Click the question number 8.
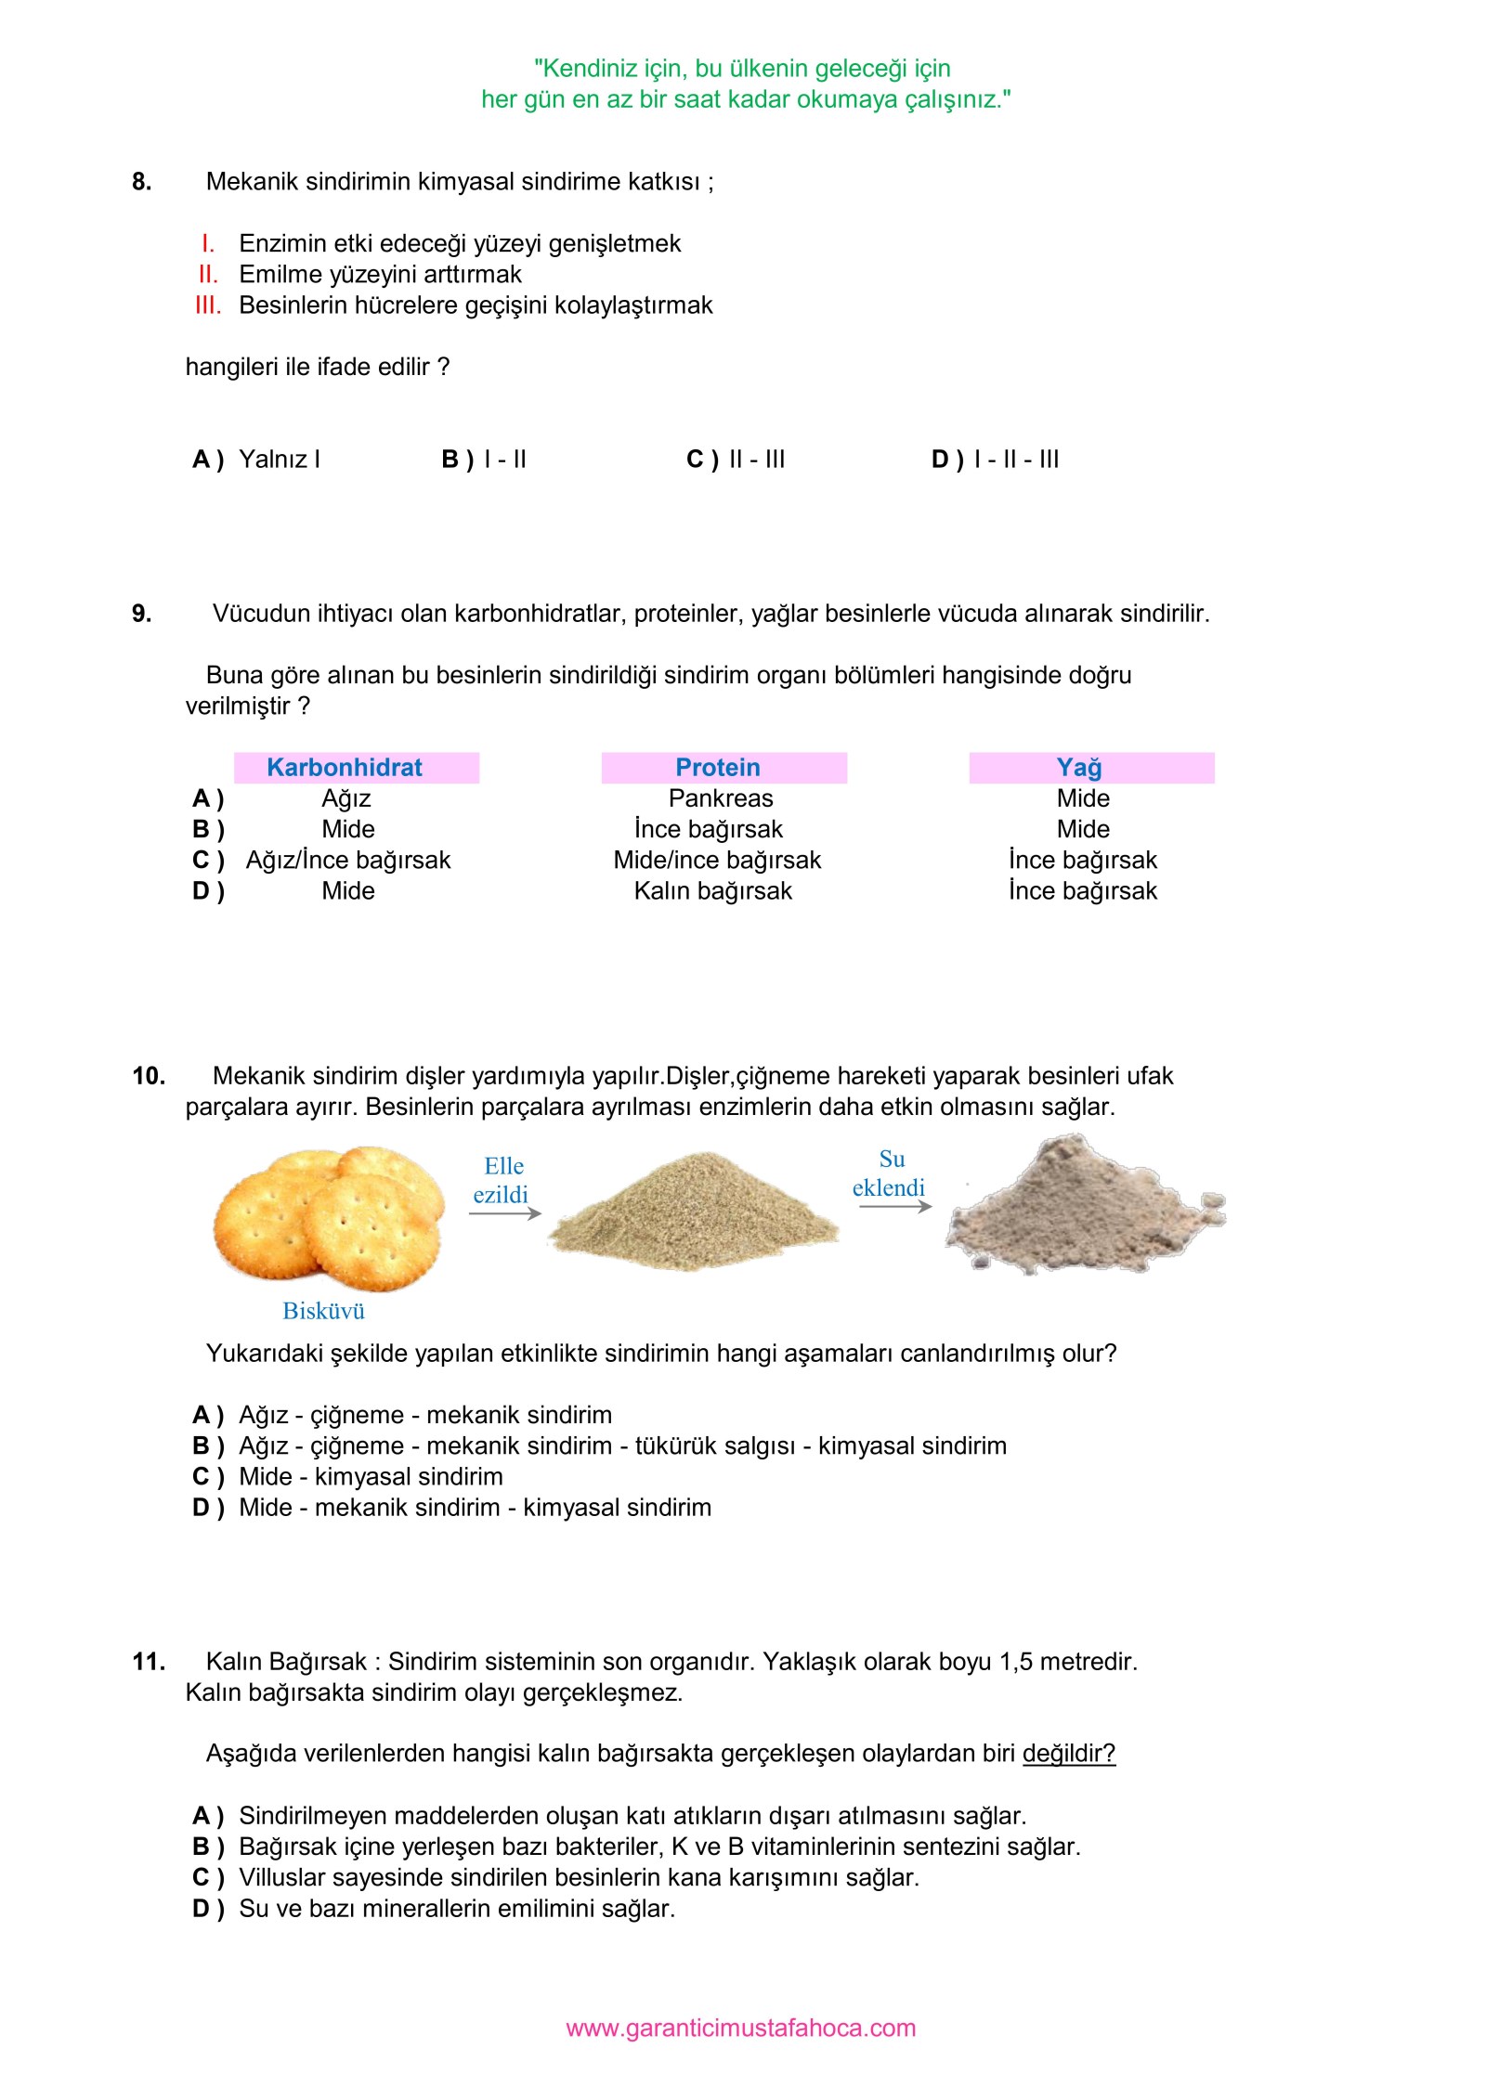point(141,182)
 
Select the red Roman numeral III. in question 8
point(208,305)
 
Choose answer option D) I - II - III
point(995,460)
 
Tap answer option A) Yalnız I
point(256,460)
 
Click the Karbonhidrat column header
point(345,768)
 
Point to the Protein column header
point(718,768)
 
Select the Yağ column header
point(1079,768)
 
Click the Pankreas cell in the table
point(721,798)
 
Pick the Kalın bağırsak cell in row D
point(713,891)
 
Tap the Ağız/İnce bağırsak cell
point(348,861)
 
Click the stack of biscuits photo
point(330,1218)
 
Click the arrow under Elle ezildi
point(504,1213)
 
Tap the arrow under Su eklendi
point(894,1206)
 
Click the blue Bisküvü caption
point(323,1311)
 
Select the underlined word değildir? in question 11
point(1068,1753)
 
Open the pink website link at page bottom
point(740,2028)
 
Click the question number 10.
point(149,1076)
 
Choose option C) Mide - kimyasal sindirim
point(349,1476)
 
